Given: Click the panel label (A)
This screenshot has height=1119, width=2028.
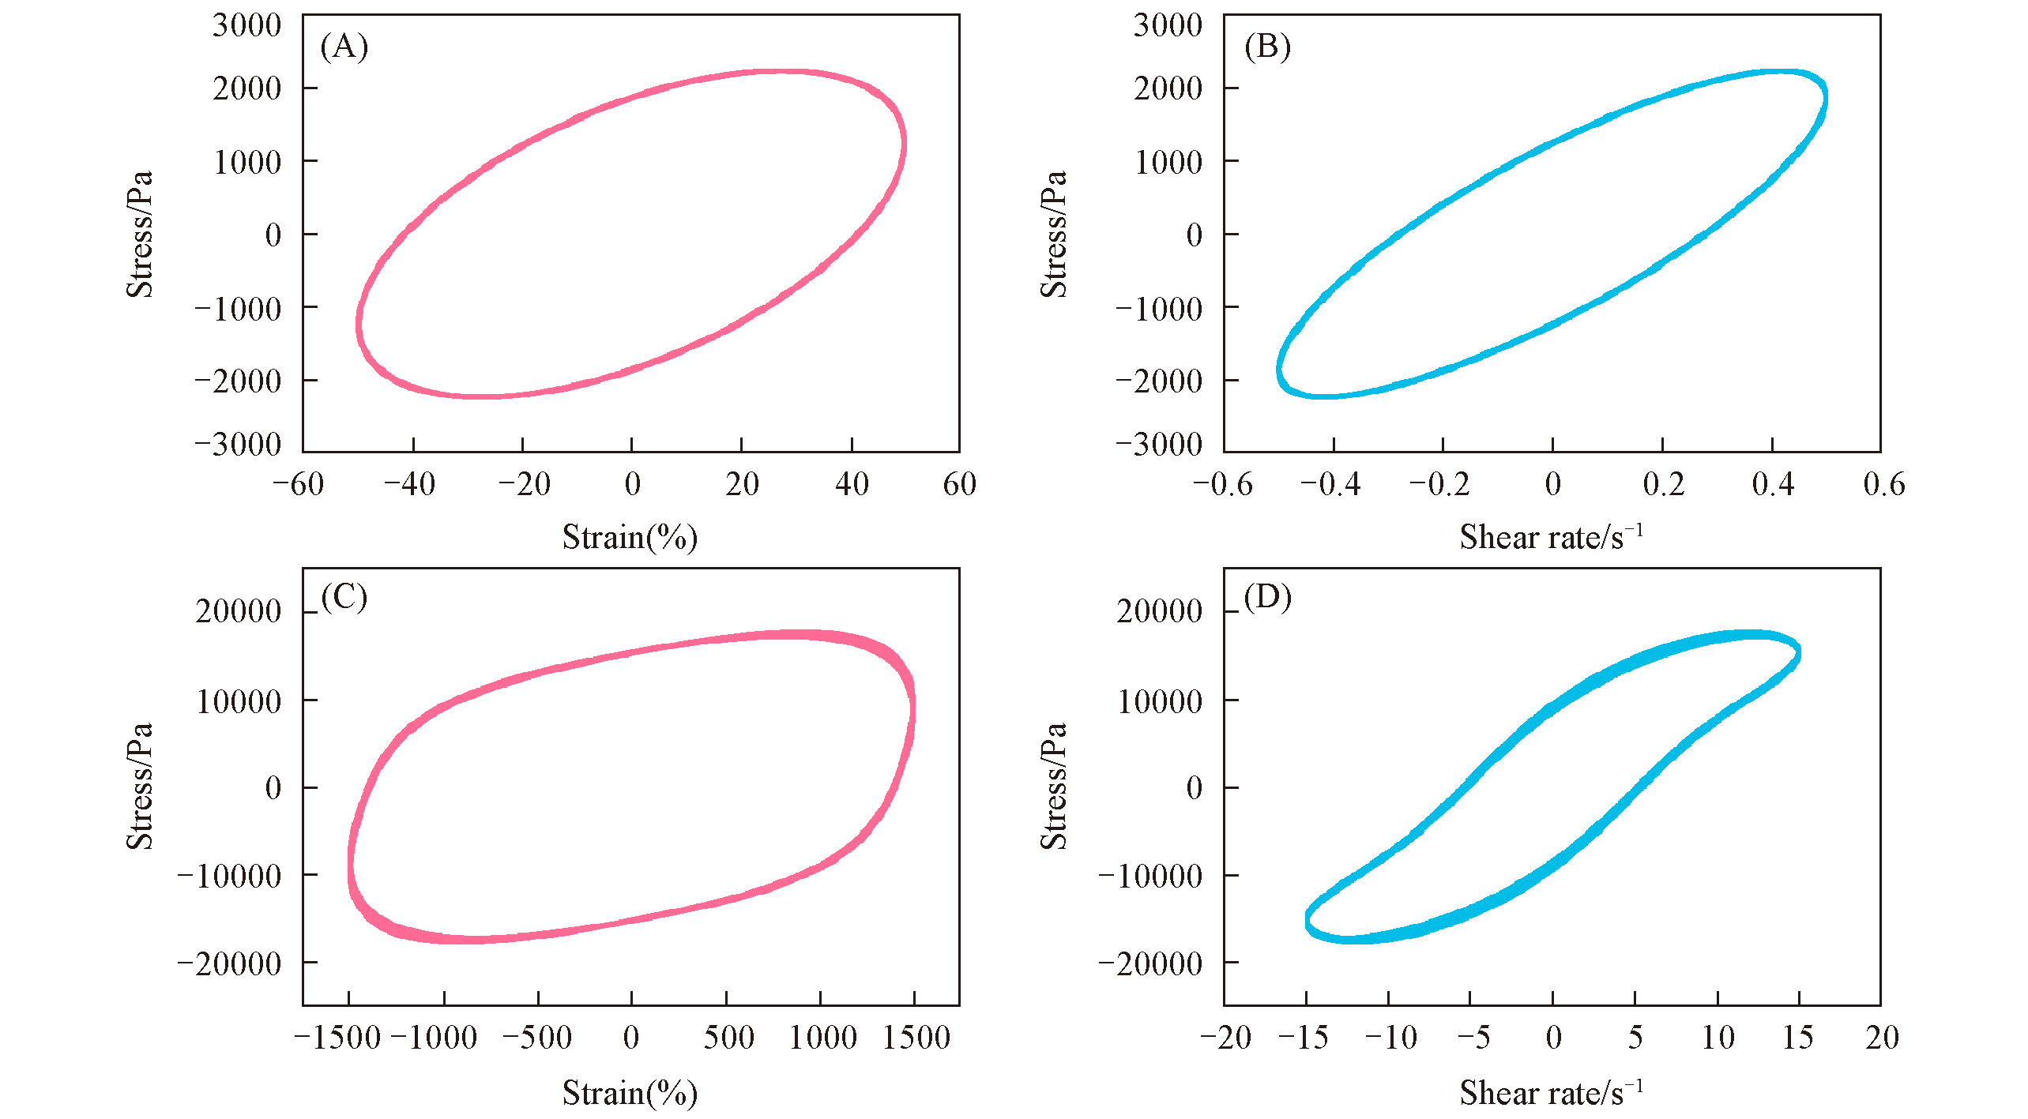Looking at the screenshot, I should [x=344, y=47].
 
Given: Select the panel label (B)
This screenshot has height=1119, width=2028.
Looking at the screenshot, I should [x=1266, y=47].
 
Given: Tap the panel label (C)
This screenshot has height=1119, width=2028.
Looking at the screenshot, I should [x=344, y=597].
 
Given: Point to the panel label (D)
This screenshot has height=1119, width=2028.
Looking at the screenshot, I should [x=1266, y=597].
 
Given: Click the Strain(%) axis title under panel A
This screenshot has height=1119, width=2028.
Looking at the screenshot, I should [x=630, y=537].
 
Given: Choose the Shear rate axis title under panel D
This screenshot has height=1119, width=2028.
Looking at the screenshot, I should [x=1551, y=1092].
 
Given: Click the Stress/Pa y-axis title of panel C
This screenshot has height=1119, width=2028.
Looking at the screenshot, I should [x=140, y=786].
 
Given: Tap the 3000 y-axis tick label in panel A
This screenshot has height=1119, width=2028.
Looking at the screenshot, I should [x=246, y=25].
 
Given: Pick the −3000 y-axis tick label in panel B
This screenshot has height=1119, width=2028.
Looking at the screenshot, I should [x=1159, y=445].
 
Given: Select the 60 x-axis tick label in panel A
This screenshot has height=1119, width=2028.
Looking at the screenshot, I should [x=959, y=484].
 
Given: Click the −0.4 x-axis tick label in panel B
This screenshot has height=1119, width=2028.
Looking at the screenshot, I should [x=1330, y=484].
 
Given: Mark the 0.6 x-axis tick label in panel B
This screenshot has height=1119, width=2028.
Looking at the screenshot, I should [x=1883, y=484].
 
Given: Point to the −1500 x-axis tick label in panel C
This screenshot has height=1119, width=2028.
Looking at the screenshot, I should [x=338, y=1038].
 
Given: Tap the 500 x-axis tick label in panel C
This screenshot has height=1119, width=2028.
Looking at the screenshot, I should [x=728, y=1038].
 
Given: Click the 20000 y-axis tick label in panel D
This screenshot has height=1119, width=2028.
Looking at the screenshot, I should [x=1159, y=611].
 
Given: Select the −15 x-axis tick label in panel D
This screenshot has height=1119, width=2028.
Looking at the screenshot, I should [x=1303, y=1038].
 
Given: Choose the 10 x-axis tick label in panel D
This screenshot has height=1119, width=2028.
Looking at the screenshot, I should [x=1718, y=1038].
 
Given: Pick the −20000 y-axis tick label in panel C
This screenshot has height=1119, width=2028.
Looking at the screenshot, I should [x=229, y=963].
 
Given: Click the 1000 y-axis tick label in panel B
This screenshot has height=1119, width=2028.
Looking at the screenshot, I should [x=1168, y=162].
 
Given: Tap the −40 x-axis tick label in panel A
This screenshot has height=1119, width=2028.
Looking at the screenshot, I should [x=409, y=484].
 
